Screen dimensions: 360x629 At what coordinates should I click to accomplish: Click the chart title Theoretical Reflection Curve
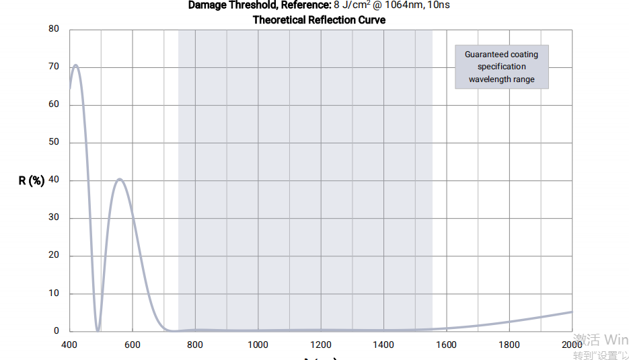tap(319, 20)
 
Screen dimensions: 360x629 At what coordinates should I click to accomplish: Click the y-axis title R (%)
tap(32, 180)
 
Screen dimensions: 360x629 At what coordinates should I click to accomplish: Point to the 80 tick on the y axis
tap(54, 29)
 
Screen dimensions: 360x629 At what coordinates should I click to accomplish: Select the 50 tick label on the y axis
tap(54, 142)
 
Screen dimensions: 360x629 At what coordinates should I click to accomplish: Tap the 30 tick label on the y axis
tap(54, 217)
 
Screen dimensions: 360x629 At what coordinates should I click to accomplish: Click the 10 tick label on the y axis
tap(54, 293)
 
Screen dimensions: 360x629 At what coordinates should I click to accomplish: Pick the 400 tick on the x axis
tap(69, 345)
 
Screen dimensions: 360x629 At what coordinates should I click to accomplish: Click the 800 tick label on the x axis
tap(195, 345)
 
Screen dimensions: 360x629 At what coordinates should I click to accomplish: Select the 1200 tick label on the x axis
tap(321, 345)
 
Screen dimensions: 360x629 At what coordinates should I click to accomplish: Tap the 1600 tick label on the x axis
tap(446, 345)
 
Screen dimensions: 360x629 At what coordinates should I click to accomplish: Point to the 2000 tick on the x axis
tap(572, 345)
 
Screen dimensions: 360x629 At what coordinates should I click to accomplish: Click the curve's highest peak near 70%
tap(75, 65)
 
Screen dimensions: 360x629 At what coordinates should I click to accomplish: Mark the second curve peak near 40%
tap(119, 179)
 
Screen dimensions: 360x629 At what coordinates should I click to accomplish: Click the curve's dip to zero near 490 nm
tap(98, 330)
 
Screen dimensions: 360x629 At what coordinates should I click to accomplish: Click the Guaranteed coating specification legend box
tap(502, 67)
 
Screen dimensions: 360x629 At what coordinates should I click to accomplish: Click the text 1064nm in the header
tap(404, 5)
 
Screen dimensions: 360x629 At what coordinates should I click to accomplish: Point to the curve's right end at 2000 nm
tap(572, 312)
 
